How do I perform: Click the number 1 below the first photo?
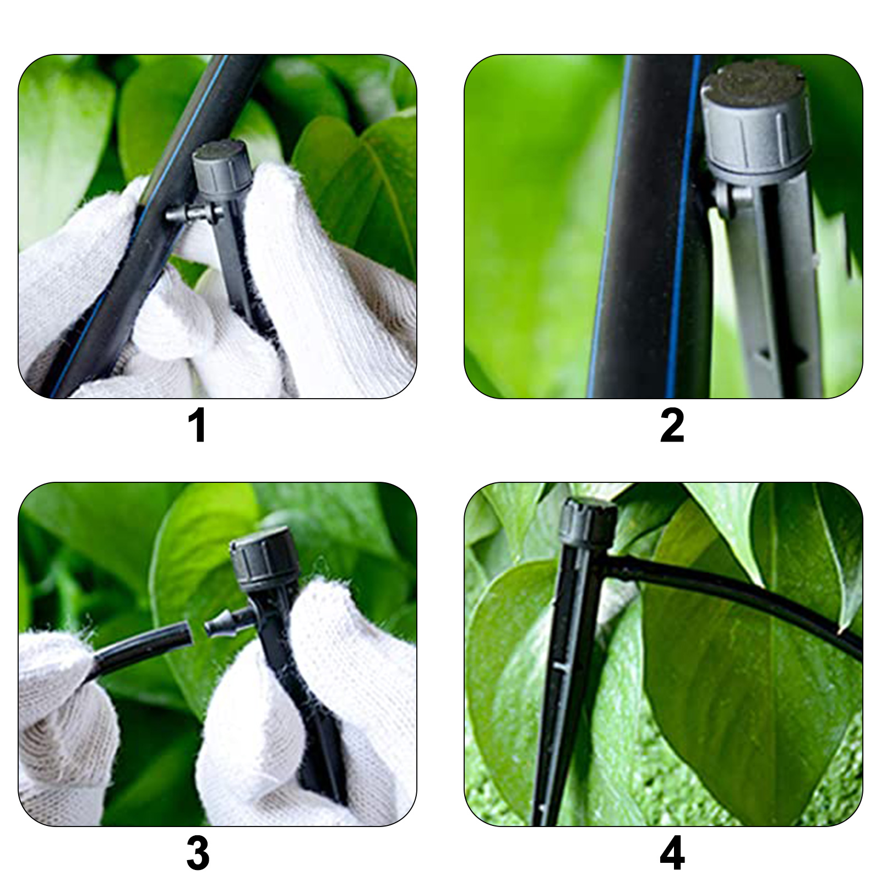(x=198, y=425)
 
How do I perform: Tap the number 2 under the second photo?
(x=672, y=425)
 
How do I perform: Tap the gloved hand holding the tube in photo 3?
(x=66, y=727)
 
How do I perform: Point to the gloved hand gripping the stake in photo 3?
(x=308, y=710)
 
